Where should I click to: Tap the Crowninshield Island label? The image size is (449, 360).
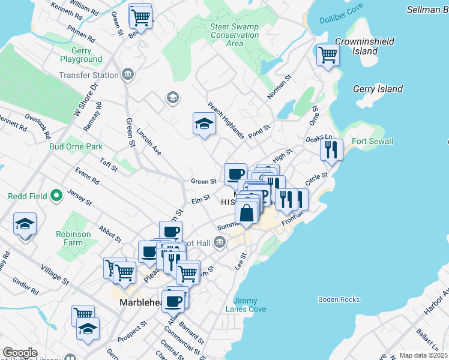[x=365, y=46]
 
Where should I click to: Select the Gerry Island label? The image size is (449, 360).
[x=378, y=89]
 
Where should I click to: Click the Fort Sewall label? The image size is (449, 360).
[x=372, y=141]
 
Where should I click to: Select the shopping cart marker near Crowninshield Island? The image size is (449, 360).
[x=328, y=55]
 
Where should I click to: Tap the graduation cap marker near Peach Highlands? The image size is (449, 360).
[x=204, y=124]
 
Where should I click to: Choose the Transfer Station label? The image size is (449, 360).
[x=89, y=75]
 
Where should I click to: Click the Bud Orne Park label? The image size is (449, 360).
[x=76, y=146]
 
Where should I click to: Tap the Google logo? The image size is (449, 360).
[x=20, y=353]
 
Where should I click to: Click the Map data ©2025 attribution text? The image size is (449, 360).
[x=423, y=355]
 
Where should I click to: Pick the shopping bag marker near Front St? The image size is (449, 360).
[x=247, y=212]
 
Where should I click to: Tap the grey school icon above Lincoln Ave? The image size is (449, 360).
[x=173, y=98]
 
